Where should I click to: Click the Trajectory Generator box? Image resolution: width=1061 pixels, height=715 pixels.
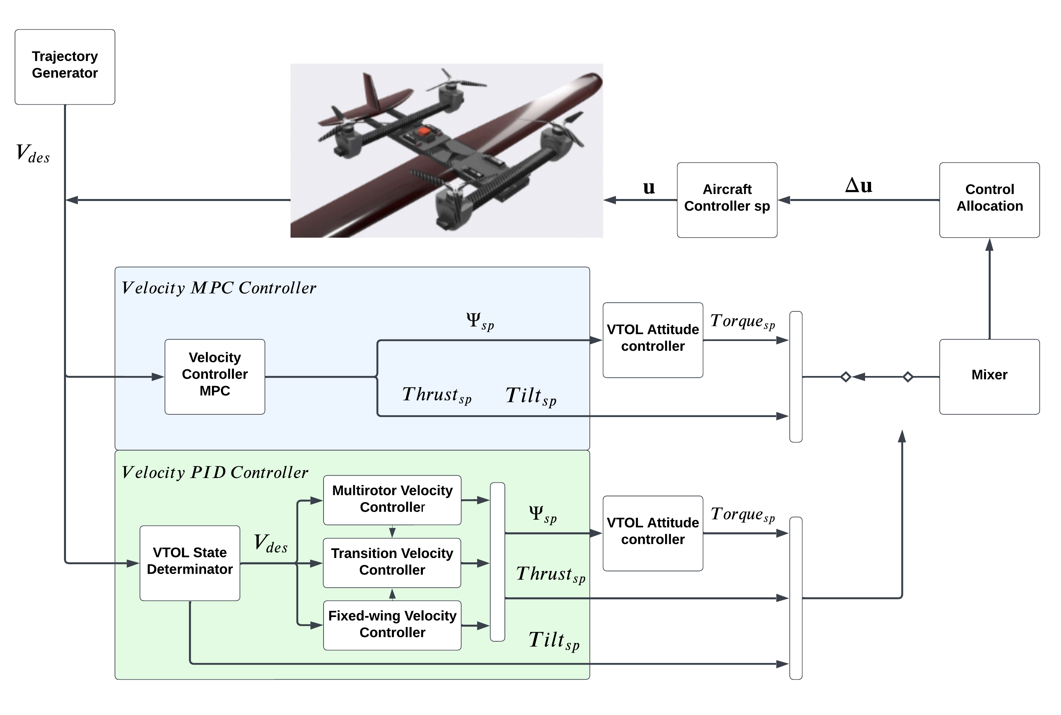click(65, 67)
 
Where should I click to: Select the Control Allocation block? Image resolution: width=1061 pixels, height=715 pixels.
click(989, 200)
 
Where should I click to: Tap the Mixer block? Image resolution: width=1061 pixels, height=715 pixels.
click(989, 376)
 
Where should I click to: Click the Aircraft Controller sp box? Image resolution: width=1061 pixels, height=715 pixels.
click(727, 200)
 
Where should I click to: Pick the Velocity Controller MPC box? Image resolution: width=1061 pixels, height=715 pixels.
click(215, 376)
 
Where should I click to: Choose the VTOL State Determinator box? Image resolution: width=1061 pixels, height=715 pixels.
click(190, 563)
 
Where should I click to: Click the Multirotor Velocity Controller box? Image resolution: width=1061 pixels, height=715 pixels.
click(392, 500)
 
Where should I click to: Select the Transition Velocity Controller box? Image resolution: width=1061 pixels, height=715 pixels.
click(392, 562)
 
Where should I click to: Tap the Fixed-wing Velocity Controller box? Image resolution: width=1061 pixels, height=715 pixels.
click(392, 625)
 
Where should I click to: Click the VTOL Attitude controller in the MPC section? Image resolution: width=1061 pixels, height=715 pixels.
click(653, 340)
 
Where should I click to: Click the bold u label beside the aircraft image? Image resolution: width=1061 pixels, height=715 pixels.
click(648, 187)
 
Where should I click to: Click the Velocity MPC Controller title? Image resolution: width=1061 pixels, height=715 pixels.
click(219, 288)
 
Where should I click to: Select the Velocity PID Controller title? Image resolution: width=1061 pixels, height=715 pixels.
click(215, 472)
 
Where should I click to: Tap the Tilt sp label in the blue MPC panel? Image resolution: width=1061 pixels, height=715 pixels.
click(531, 396)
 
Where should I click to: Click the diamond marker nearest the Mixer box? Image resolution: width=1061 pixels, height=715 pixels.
click(907, 377)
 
